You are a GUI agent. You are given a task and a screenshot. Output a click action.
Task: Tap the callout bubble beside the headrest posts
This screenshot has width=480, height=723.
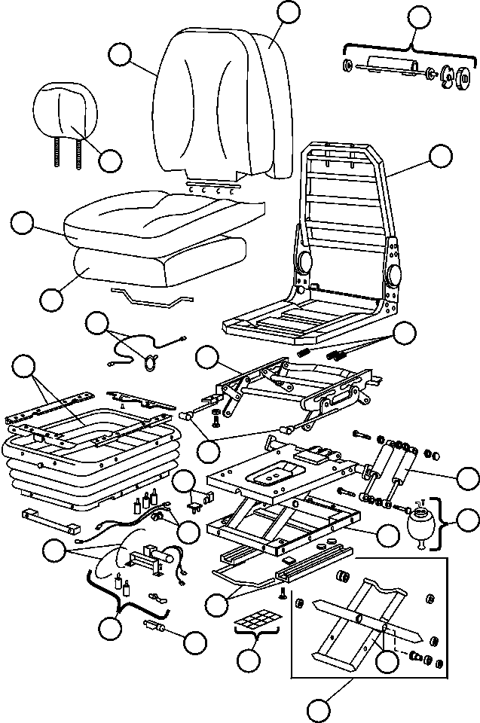(x=110, y=160)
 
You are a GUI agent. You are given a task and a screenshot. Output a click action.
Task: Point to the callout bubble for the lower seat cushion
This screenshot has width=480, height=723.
(x=51, y=298)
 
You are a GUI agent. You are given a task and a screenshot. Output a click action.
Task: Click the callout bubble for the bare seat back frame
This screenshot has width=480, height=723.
(x=441, y=155)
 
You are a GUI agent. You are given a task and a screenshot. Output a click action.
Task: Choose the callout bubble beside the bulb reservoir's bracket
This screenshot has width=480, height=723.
(x=469, y=519)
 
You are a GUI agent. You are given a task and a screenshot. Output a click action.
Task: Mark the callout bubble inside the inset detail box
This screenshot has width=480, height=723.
(x=387, y=660)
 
